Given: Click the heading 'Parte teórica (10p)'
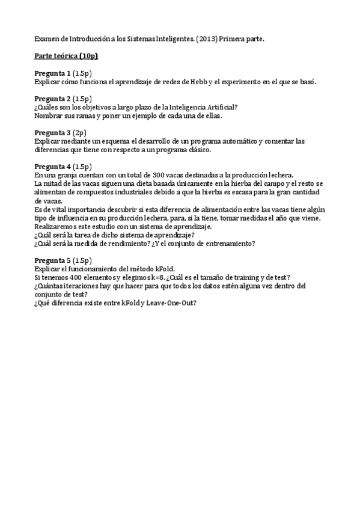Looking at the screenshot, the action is pyautogui.click(x=66, y=57).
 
